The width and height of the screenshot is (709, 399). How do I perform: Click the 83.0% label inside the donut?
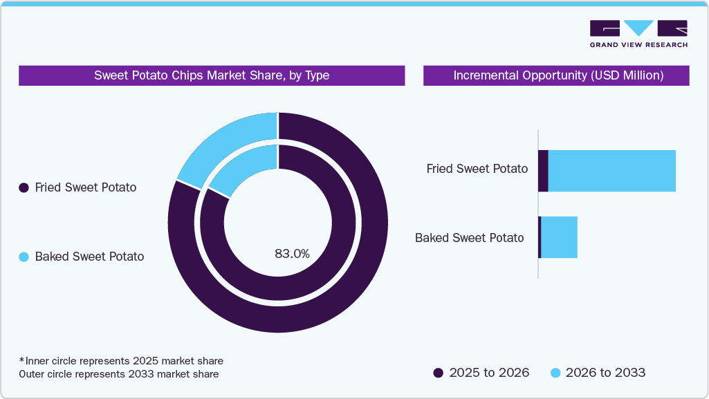coord(292,254)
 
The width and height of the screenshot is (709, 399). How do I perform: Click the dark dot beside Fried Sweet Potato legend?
coord(24,187)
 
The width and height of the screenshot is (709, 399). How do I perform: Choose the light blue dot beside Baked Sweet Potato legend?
coord(24,257)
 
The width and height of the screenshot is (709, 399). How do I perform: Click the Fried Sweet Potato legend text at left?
coord(86,187)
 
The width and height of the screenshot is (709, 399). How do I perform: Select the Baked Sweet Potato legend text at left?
coord(89,257)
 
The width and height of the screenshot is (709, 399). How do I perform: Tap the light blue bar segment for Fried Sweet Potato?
coord(611,171)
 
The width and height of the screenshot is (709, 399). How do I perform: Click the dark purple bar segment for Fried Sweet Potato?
coord(543,171)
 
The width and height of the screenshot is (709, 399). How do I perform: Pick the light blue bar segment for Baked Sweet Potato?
coord(559,237)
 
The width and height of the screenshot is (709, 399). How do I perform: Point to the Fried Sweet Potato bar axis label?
coord(477,169)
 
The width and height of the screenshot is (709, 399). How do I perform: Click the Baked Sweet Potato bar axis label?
coord(470,238)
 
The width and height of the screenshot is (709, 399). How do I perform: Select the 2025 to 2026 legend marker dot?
coord(438,373)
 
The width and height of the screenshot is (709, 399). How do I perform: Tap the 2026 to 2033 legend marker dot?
coord(555,373)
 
